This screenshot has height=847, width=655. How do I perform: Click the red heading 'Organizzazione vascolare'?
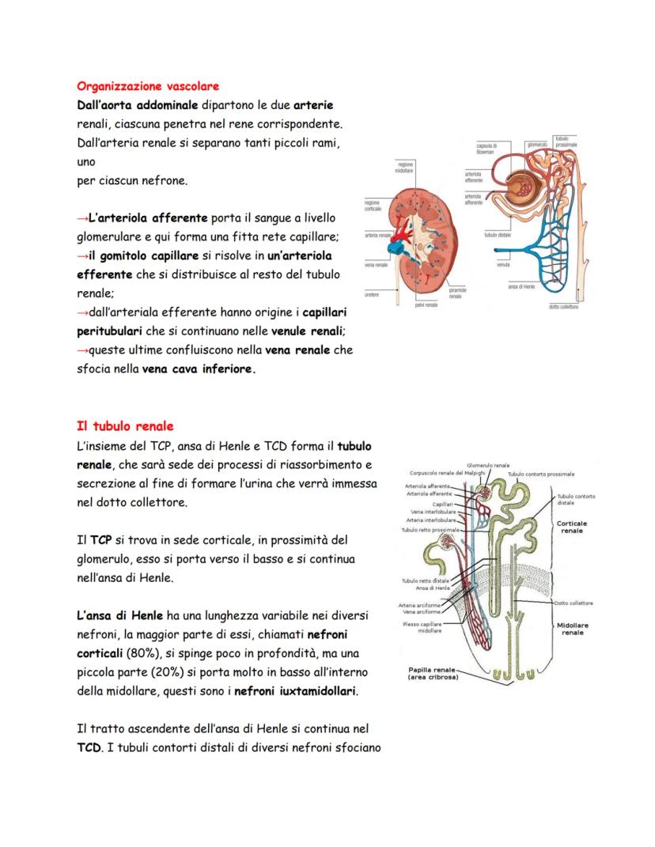147,85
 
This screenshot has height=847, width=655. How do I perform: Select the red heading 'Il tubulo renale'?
125,426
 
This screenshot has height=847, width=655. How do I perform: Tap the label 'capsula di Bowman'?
487,148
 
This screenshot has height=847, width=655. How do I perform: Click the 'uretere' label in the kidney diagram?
373,294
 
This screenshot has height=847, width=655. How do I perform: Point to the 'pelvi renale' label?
426,305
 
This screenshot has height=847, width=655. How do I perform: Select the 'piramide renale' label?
456,293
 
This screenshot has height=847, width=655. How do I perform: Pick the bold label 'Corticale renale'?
571,527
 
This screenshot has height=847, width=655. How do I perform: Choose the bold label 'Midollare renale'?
572,629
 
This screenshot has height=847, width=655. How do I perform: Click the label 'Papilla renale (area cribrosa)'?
432,673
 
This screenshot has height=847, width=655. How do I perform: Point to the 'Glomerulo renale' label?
488,465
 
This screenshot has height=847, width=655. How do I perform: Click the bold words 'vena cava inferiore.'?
199,369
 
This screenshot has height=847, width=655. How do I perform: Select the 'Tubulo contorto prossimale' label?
540,475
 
